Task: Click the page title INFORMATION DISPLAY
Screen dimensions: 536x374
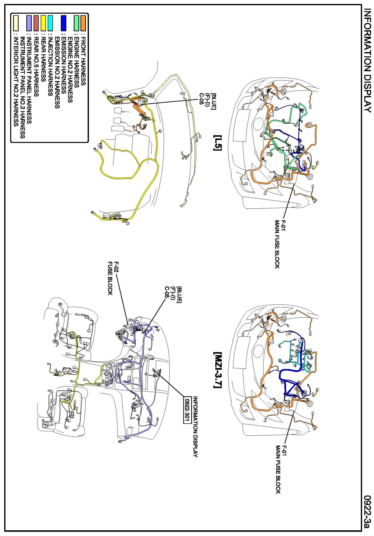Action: click(367, 60)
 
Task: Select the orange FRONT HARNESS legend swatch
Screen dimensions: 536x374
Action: click(83, 23)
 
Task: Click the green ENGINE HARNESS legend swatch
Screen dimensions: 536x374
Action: click(77, 23)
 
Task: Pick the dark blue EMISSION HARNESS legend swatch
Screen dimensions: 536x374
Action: click(63, 23)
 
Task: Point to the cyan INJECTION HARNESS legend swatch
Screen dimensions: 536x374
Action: click(50, 23)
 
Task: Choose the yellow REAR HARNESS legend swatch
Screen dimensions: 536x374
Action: click(43, 23)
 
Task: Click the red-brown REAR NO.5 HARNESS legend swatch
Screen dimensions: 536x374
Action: click(37, 23)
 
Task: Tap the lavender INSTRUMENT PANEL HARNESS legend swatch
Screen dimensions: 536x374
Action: click(29, 23)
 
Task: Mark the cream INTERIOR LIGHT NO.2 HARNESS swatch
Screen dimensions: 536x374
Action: click(16, 23)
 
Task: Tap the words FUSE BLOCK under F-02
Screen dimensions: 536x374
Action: click(110, 278)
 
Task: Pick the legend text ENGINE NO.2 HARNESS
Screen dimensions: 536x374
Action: click(70, 70)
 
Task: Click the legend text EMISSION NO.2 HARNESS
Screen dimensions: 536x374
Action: click(57, 72)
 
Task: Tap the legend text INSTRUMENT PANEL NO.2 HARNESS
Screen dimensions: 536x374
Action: click(23, 87)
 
